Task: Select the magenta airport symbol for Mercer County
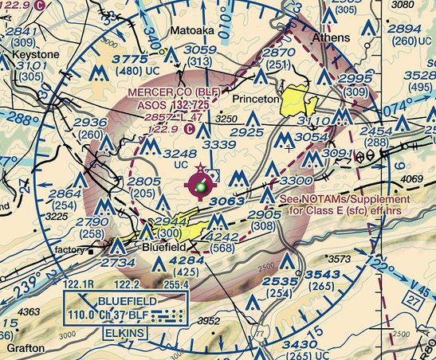pos(199,186)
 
